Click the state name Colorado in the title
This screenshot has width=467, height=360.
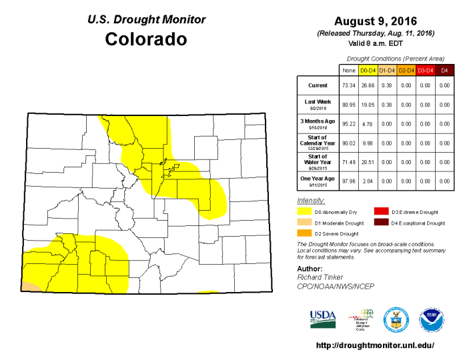[x=146, y=39]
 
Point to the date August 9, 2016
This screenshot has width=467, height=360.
[x=375, y=21]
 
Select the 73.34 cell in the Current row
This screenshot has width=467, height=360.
[x=348, y=85]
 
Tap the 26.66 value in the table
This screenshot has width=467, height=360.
[x=368, y=85]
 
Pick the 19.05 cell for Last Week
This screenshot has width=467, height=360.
[x=368, y=104]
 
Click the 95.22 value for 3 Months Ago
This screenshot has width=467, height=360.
[x=348, y=123]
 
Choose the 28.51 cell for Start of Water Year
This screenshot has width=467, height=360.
[x=368, y=161]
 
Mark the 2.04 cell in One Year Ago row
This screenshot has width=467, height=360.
[x=368, y=180]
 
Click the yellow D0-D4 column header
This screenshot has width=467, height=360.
[x=368, y=69]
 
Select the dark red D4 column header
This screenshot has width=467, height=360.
[x=444, y=69]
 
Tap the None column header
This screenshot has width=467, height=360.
[x=348, y=69]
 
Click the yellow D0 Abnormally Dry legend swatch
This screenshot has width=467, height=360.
[x=304, y=212]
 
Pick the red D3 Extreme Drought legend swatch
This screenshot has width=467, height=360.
[x=381, y=212]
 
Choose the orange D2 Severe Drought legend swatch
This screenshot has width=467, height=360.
[x=304, y=233]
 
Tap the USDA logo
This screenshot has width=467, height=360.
[x=324, y=319]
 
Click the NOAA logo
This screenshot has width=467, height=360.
[x=432, y=319]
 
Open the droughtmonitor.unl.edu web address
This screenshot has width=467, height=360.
[x=374, y=345]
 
